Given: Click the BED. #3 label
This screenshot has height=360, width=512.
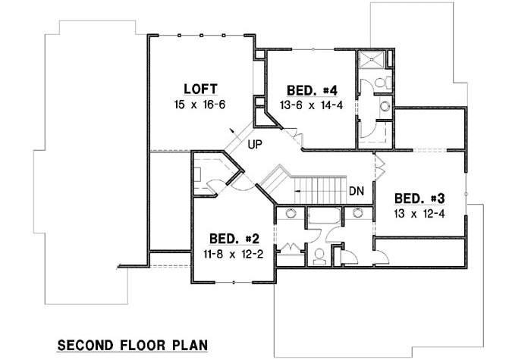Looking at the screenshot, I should [x=418, y=198].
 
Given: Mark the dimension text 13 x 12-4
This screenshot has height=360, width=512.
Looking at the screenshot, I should [x=418, y=215].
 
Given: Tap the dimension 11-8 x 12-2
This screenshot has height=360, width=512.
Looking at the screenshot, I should [x=233, y=253].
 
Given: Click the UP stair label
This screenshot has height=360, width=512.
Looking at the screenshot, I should [x=256, y=140].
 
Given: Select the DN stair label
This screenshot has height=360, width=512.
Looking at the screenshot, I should [x=357, y=191].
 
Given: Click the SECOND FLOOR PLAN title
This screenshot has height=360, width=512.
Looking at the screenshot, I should [x=133, y=345].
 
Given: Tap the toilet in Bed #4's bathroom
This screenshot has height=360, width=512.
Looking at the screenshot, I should [x=385, y=81].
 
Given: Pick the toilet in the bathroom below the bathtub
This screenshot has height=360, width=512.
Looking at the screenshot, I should [x=319, y=255].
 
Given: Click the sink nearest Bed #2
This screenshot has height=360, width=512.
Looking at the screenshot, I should [x=290, y=213].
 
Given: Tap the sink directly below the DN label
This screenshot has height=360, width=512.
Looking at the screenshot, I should [x=357, y=213].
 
